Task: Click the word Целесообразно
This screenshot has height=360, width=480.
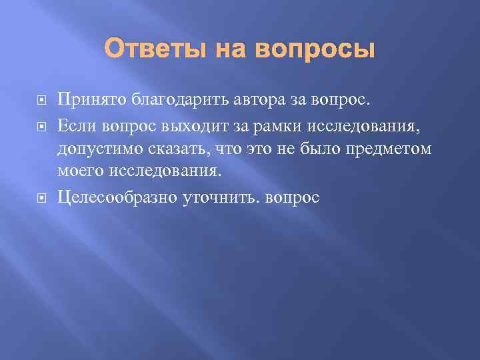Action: point(117,197)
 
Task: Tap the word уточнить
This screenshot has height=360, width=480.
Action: point(215,197)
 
